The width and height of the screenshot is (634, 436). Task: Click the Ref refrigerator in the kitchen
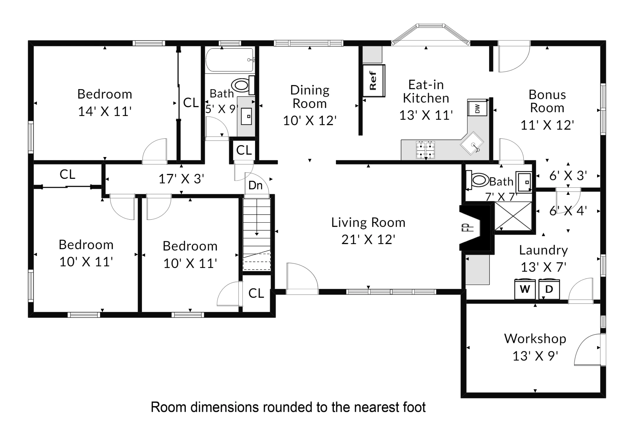pyautogui.click(x=374, y=81)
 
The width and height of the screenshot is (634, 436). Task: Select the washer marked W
pyautogui.click(x=525, y=289)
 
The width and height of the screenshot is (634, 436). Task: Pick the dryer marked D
pyautogui.click(x=549, y=289)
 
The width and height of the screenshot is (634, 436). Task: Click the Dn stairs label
pyautogui.click(x=256, y=185)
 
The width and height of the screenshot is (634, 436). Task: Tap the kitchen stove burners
pyautogui.click(x=425, y=150)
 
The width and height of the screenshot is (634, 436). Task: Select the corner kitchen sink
pyautogui.click(x=472, y=143)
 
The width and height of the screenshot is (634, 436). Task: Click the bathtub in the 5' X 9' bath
pyautogui.click(x=230, y=60)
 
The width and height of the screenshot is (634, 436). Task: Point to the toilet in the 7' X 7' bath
pyautogui.click(x=477, y=180)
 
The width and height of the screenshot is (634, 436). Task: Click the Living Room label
pyautogui.click(x=368, y=222)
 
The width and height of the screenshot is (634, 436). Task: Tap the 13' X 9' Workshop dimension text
pyautogui.click(x=535, y=356)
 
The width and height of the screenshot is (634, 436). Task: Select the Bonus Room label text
pyautogui.click(x=547, y=101)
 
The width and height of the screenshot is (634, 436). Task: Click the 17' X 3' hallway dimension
pyautogui.click(x=182, y=179)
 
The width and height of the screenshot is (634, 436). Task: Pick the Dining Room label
pyautogui.click(x=310, y=97)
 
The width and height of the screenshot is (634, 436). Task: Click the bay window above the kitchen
pyautogui.click(x=431, y=35)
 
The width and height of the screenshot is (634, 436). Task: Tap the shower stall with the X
pyautogui.click(x=513, y=216)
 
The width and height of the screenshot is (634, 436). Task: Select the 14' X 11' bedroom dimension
pyautogui.click(x=104, y=112)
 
